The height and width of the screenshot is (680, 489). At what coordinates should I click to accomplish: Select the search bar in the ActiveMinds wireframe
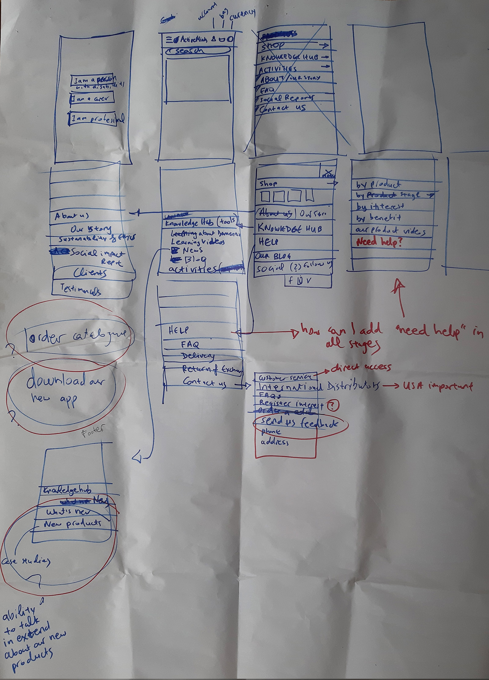point(197,51)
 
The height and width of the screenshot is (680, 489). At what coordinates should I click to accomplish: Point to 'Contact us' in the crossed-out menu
point(283,108)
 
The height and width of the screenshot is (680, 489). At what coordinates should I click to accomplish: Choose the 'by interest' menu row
point(380,207)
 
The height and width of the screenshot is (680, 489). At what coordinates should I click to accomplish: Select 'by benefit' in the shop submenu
point(378,218)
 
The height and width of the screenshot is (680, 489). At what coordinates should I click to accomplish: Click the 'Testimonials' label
point(81,289)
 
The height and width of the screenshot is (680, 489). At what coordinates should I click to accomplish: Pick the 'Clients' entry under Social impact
point(90,272)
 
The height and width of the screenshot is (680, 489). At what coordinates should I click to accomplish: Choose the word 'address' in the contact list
point(274,442)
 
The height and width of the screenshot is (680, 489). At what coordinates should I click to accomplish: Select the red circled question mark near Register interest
point(333,406)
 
